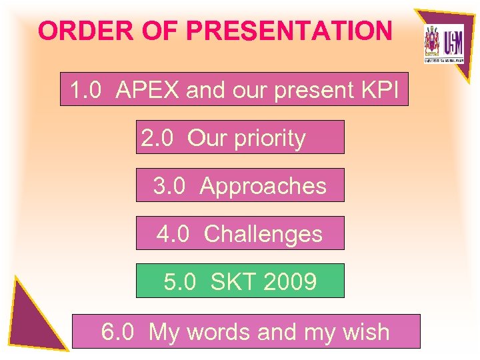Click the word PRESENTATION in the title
(289, 31)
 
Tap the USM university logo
(443, 43)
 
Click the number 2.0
(157, 138)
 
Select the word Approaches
(263, 186)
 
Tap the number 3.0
(169, 186)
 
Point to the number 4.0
(173, 234)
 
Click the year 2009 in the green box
(290, 282)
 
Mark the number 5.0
(180, 282)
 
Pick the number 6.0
(118, 331)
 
